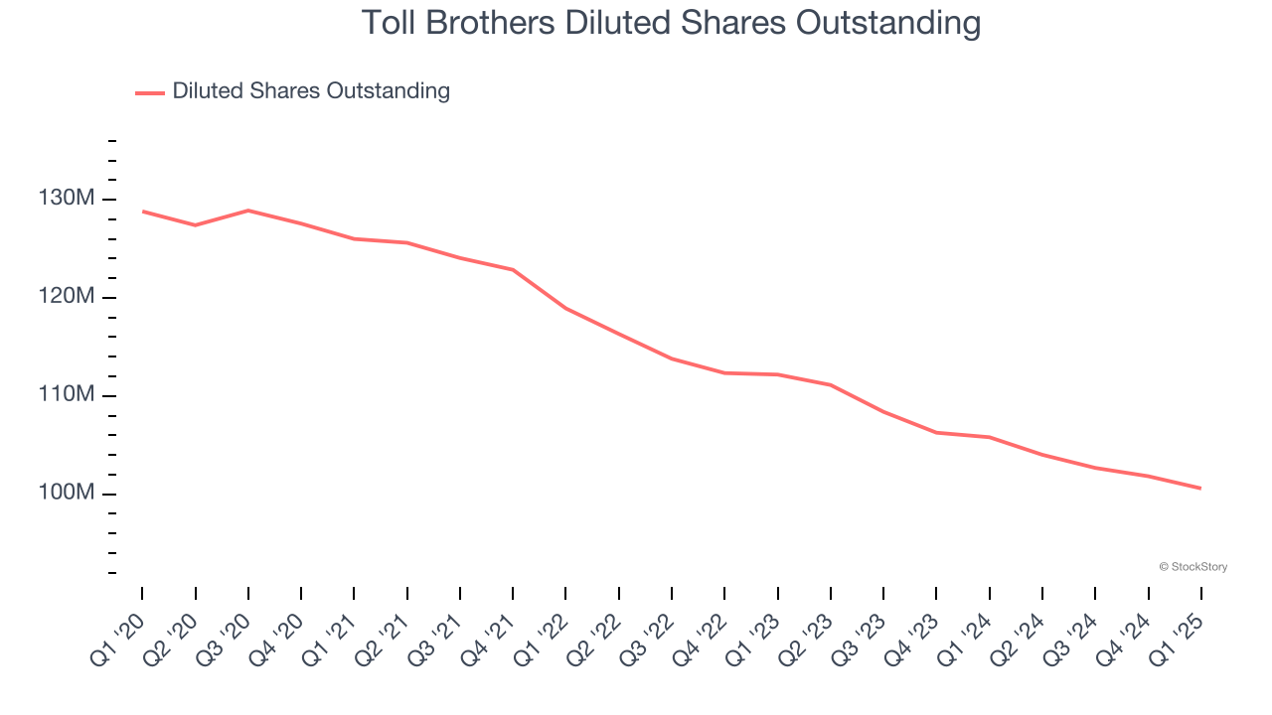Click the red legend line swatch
(x=150, y=92)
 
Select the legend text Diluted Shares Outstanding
(x=311, y=91)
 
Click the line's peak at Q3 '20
(x=248, y=211)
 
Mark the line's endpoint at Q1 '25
(x=1200, y=488)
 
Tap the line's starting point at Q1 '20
(x=142, y=212)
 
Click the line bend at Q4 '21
(x=513, y=269)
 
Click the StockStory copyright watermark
(x=1192, y=567)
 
